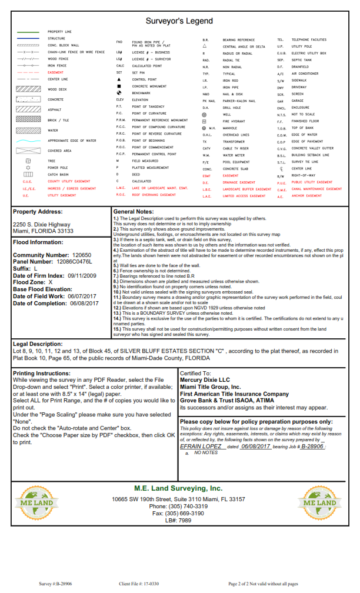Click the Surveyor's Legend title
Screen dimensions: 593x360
179,21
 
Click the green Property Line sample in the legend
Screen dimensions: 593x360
28,31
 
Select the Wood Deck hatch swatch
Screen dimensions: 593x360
28,89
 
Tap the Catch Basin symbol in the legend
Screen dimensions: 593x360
28,175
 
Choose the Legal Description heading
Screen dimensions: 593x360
38,344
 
